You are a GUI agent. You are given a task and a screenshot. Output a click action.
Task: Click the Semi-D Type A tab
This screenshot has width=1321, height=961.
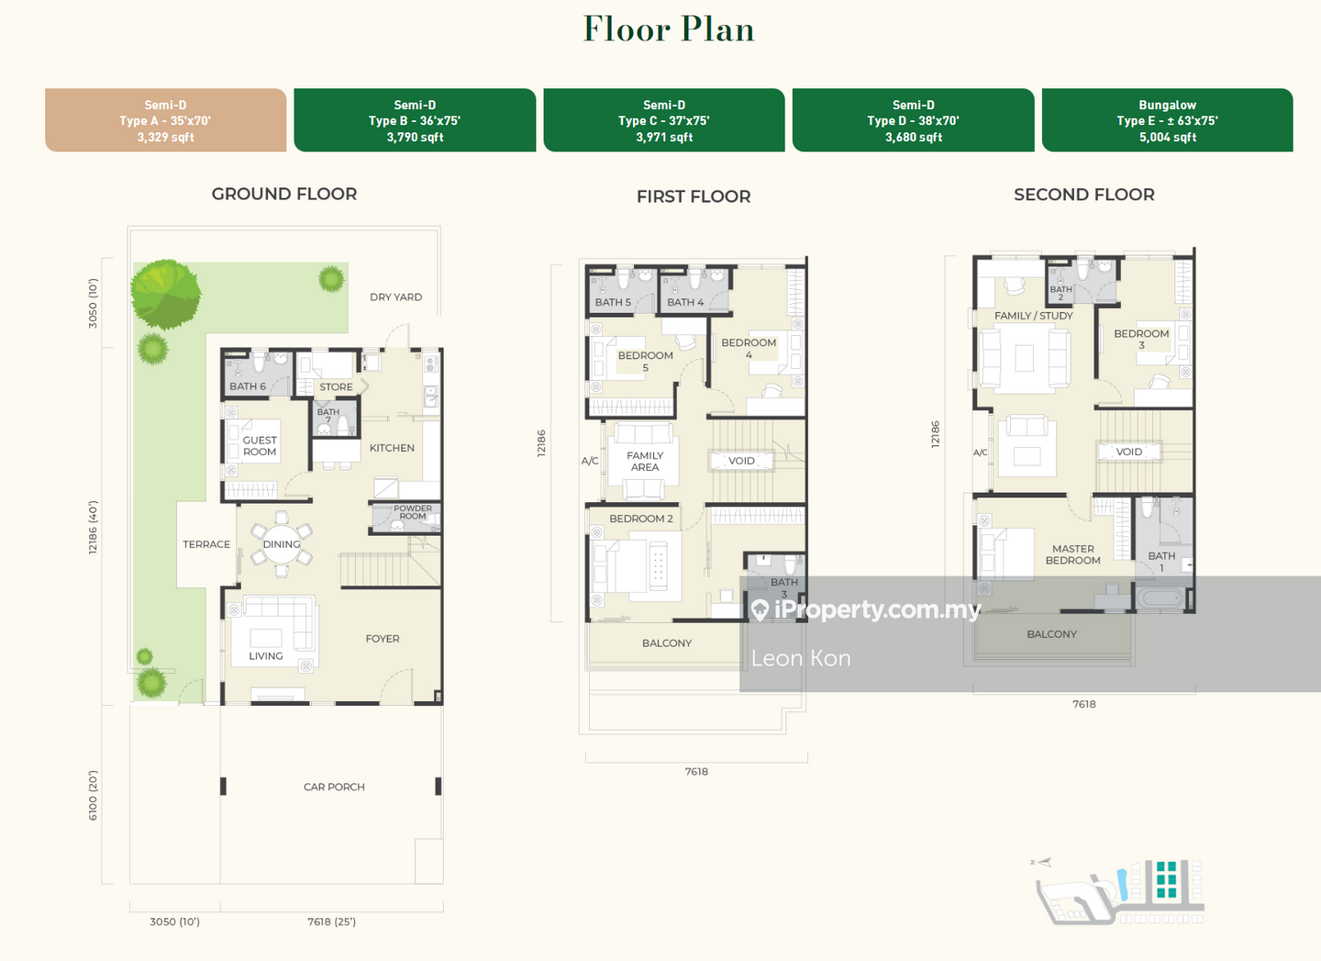tap(166, 120)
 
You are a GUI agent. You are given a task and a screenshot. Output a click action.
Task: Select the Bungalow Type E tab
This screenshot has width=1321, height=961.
tap(1167, 120)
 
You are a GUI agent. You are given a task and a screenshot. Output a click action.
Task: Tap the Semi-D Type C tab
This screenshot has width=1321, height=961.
tap(664, 120)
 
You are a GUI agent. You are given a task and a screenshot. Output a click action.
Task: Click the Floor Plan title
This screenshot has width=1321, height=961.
tap(669, 28)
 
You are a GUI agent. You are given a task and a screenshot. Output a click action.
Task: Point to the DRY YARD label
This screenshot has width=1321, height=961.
tap(395, 297)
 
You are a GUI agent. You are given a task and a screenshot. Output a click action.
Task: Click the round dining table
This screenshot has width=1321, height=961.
tap(282, 544)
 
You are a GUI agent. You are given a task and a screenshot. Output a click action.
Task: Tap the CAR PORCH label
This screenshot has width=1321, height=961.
tap(334, 787)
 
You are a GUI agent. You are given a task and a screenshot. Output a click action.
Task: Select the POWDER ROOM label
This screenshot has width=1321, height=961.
tap(412, 512)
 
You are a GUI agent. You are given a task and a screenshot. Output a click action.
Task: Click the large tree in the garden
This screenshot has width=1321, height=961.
tap(166, 294)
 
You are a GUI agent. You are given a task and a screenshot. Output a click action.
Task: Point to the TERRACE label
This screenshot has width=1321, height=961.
tap(206, 544)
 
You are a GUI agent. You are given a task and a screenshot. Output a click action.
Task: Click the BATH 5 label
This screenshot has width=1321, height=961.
tap(613, 302)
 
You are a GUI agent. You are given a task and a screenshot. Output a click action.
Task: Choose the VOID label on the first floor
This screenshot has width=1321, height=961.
tap(741, 461)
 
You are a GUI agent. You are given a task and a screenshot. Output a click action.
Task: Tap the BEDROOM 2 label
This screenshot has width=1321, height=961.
tap(641, 519)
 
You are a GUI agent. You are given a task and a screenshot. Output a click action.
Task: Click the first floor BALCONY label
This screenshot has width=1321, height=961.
tap(667, 643)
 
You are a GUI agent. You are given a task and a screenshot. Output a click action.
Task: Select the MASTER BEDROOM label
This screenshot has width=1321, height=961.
tap(1072, 554)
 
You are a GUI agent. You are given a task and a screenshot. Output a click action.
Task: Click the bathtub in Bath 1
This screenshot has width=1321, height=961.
tap(1160, 598)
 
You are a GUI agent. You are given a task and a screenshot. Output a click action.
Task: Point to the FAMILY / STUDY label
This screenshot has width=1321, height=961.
tap(1033, 316)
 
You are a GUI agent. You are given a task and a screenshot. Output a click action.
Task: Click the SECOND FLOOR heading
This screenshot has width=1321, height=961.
tap(1084, 195)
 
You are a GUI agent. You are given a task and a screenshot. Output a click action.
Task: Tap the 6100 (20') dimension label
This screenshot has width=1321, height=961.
tap(94, 795)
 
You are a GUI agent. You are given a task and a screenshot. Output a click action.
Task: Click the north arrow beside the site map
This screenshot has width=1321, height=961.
tap(1043, 863)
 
